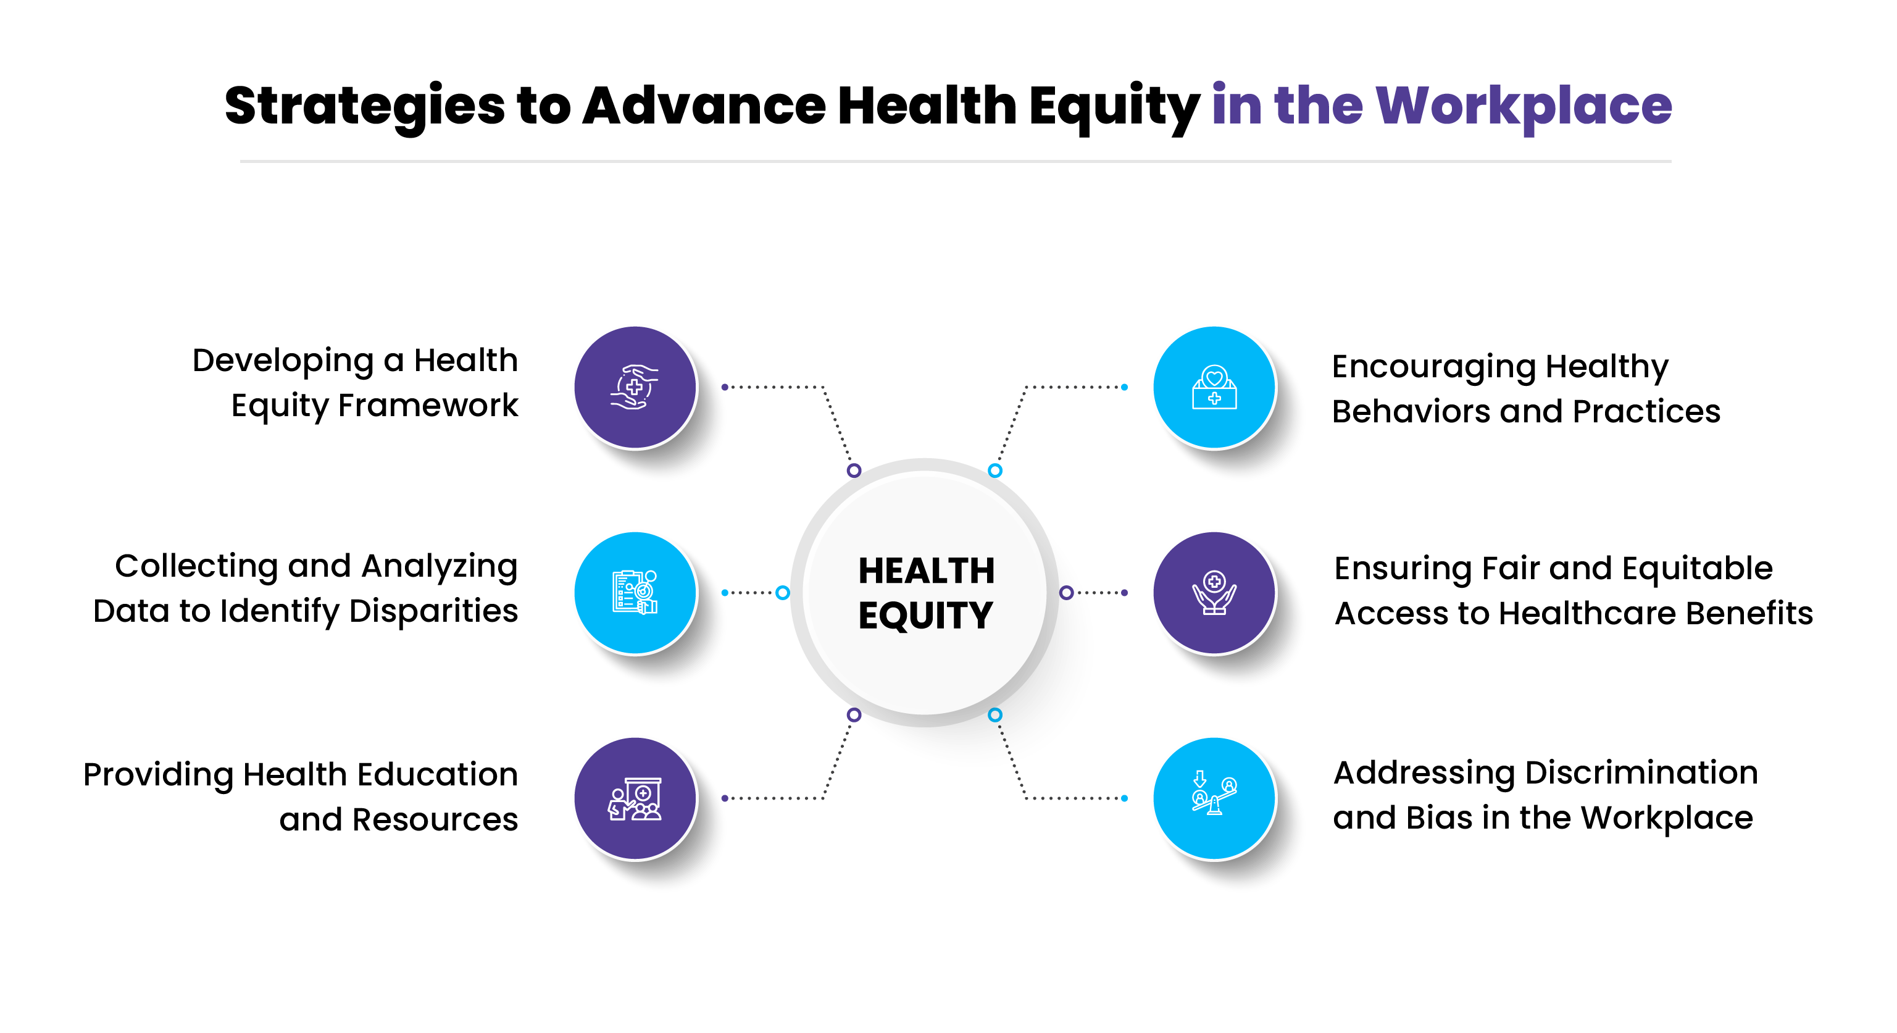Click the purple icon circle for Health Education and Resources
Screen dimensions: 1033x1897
point(635,799)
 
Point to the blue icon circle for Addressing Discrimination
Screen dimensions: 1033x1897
point(1214,799)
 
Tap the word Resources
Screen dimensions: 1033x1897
point(435,820)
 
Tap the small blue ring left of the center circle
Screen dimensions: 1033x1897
point(783,592)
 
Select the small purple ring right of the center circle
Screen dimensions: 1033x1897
point(1065,592)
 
